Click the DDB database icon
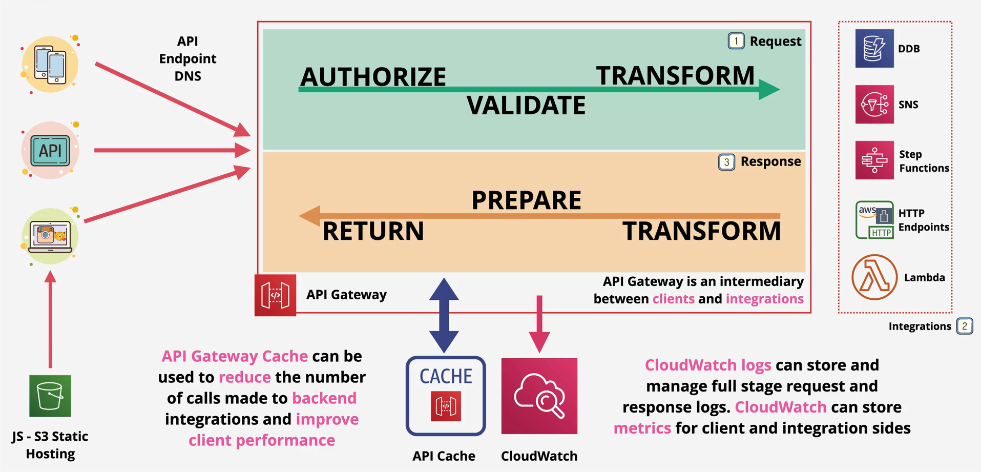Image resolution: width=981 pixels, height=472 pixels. click(x=874, y=48)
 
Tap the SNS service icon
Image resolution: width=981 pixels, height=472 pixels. click(x=874, y=104)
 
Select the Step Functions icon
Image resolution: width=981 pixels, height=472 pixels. click(x=874, y=160)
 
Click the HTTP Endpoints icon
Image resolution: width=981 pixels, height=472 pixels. click(x=874, y=220)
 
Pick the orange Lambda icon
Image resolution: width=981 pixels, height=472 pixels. click(x=874, y=277)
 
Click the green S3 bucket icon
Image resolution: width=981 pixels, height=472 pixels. click(x=50, y=396)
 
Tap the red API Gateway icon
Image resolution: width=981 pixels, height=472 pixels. click(x=275, y=295)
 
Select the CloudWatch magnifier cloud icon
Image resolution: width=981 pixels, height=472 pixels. click(x=539, y=396)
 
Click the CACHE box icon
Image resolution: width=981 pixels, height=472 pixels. click(x=446, y=396)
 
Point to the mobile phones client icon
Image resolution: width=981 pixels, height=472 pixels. click(x=50, y=65)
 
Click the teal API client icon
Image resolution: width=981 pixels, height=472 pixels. click(x=50, y=150)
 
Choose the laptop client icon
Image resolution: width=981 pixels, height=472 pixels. click(x=50, y=236)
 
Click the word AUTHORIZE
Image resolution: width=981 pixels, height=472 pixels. click(x=373, y=77)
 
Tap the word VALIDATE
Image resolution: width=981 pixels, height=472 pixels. click(x=526, y=106)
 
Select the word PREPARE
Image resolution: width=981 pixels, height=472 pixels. click(x=526, y=200)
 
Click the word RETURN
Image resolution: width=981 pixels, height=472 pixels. click(x=373, y=231)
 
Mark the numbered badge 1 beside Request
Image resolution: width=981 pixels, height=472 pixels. click(x=736, y=41)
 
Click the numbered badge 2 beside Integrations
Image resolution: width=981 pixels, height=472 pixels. click(x=965, y=326)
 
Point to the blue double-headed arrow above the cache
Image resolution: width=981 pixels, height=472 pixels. click(x=444, y=315)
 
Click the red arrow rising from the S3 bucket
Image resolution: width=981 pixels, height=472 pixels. click(x=50, y=319)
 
